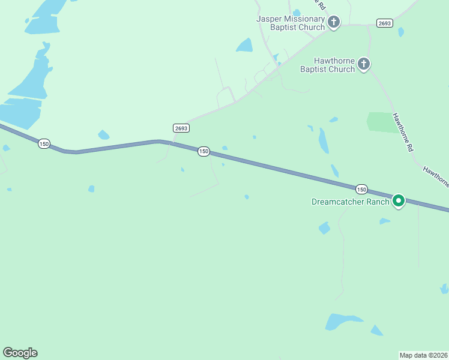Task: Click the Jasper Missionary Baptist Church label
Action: [291, 23]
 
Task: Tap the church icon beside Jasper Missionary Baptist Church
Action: [334, 22]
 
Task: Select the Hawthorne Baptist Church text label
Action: [328, 65]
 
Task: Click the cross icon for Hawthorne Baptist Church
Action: [363, 64]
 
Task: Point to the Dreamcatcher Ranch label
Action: [351, 202]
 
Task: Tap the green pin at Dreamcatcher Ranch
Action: [399, 200]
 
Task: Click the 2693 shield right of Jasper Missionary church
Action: [385, 23]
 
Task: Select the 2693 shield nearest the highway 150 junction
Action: [181, 128]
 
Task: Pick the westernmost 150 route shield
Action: [44, 144]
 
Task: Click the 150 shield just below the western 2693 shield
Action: [203, 152]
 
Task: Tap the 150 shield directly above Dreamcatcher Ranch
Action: [361, 189]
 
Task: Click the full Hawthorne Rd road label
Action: [405, 132]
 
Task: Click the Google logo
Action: [20, 353]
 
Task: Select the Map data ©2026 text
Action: [424, 355]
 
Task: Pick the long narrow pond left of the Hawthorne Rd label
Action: [324, 140]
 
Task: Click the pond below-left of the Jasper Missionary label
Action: [244, 45]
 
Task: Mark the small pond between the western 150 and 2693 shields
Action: [104, 135]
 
